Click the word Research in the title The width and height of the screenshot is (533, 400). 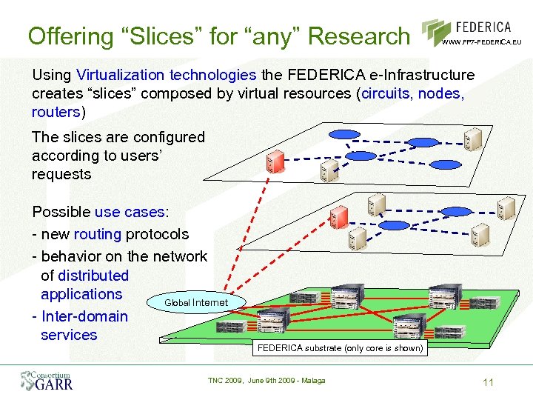[x=358, y=35]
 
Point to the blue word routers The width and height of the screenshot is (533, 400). [x=56, y=112]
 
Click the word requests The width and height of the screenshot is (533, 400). [x=61, y=174]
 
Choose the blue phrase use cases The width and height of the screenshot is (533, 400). [x=129, y=212]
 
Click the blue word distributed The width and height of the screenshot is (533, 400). [x=93, y=276]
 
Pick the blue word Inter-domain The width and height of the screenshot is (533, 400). [x=85, y=316]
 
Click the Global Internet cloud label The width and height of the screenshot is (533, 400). [x=195, y=302]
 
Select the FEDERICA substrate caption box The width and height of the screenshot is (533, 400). [x=340, y=347]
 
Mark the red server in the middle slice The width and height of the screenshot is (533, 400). [x=338, y=216]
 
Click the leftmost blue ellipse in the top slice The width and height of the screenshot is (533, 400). [x=343, y=135]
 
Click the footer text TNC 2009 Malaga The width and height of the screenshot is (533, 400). [x=266, y=381]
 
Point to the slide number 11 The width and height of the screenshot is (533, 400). [x=487, y=382]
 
